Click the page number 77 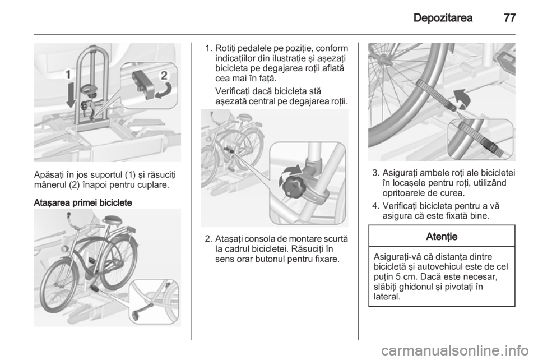(510, 18)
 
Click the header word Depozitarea (443, 18)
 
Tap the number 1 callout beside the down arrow (68, 74)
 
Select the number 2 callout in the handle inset (164, 75)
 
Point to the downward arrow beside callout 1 (71, 95)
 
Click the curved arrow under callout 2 (163, 91)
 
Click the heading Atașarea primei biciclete (83, 203)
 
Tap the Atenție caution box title (442, 236)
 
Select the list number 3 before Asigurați (375, 173)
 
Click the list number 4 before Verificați (375, 206)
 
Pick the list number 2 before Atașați (208, 238)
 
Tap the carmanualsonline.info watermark (456, 350)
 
